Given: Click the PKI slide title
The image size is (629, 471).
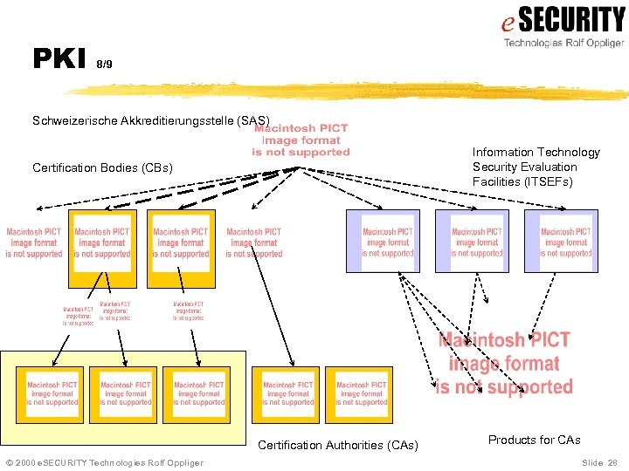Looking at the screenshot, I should point(58,58).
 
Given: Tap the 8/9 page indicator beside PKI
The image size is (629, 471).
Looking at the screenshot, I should point(104,65).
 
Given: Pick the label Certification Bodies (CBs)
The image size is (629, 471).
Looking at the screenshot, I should point(102,167).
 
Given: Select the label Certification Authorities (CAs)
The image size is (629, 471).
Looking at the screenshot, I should point(338,446).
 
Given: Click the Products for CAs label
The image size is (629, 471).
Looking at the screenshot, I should point(534,440).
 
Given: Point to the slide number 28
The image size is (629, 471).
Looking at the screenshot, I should point(612,462).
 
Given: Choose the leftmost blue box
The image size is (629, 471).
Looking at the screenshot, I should point(383,241).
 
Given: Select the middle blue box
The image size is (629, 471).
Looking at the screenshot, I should point(472,241).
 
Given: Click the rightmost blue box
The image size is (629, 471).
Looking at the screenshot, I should point(561,241).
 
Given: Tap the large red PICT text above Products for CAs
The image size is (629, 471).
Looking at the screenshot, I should point(504,364).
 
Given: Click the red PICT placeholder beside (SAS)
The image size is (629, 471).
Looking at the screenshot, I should point(301,140).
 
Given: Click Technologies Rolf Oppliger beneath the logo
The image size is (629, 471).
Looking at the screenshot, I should point(563,42).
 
